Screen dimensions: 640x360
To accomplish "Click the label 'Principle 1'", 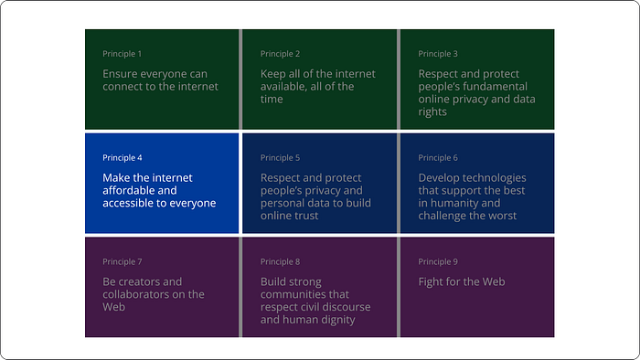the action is (122, 54).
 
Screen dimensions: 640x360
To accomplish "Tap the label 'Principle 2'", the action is (280, 54).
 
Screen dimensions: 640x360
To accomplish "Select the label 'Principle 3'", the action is (438, 54).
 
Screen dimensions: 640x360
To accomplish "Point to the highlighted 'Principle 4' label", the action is (122, 158).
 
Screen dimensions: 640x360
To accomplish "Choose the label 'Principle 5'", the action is (280, 158).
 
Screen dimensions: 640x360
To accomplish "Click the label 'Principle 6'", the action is (438, 158).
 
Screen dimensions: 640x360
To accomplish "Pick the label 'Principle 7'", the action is (122, 261).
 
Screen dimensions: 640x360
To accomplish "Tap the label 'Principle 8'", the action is (280, 261).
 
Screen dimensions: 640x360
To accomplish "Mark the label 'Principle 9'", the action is (438, 261).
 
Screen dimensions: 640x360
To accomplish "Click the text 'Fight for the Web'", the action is (462, 281).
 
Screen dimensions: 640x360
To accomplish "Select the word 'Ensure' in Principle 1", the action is (119, 74).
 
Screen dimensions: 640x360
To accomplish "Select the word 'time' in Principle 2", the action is (272, 99).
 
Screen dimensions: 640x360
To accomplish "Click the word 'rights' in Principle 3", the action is (432, 112).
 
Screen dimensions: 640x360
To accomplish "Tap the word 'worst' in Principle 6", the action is (503, 216).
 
